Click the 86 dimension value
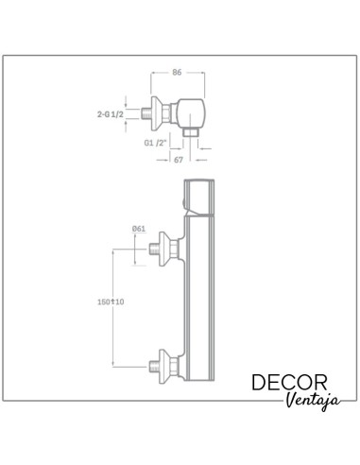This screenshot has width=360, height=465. pos(177,72)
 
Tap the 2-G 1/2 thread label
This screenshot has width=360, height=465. pos(111,114)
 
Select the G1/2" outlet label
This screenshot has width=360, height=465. pos(155,143)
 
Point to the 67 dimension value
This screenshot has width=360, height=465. pos(179,160)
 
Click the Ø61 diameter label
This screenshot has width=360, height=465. pos(139,229)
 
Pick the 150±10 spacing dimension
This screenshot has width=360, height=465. pos(111,301)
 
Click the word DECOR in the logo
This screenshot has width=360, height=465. pos(289,383)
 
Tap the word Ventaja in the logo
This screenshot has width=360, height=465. pos(313,401)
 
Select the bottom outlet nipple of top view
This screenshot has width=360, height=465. pos(191,132)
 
